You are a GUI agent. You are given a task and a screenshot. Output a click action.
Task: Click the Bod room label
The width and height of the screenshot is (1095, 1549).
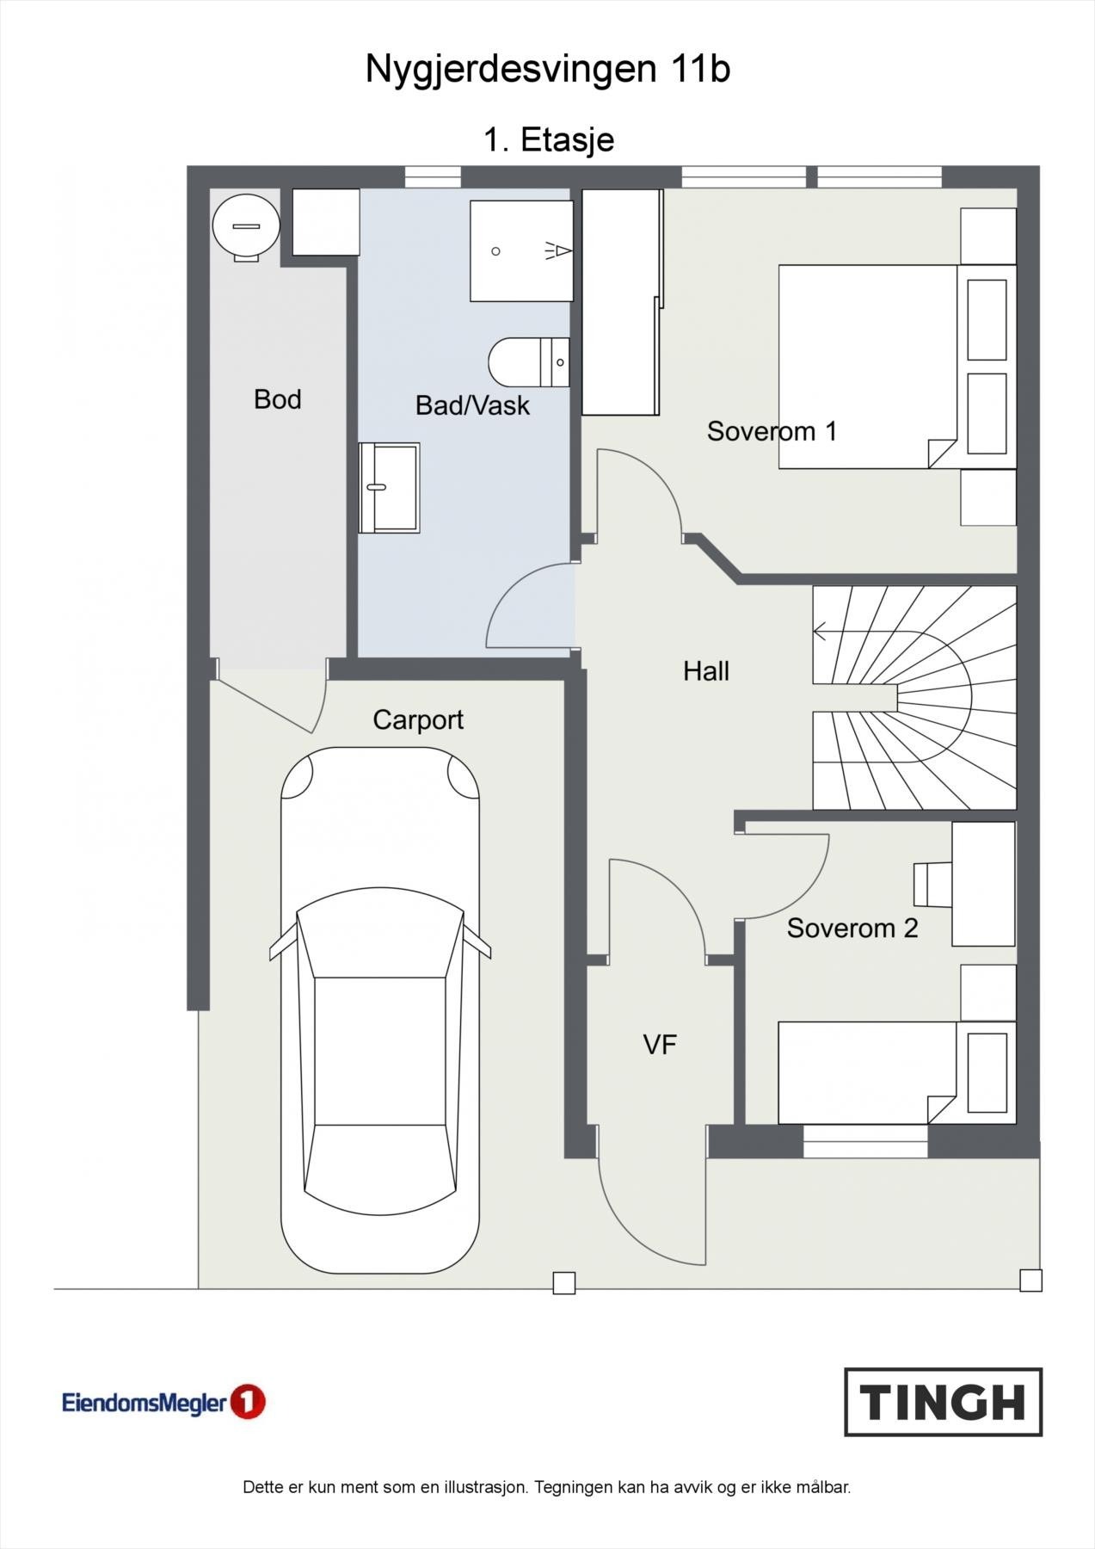coord(277,399)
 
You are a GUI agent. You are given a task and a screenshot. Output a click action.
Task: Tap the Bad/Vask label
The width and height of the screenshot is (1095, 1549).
coord(472,405)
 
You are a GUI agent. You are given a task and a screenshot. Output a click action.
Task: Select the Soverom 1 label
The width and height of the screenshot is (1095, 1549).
coord(772,430)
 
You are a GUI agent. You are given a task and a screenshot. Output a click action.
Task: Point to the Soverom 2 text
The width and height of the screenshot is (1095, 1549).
coord(852,928)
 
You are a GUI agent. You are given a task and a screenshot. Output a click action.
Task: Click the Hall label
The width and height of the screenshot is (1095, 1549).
coord(706,671)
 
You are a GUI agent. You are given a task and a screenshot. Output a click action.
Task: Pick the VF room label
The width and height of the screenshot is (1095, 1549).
coord(660,1045)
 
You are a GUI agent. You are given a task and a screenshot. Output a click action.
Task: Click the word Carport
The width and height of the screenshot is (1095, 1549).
coord(418,719)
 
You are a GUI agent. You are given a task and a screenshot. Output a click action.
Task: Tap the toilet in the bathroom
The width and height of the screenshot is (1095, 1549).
coord(529,362)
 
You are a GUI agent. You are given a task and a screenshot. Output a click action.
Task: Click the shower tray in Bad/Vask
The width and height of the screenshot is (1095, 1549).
coord(521,251)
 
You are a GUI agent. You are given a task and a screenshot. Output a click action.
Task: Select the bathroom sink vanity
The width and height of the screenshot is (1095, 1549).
coord(389,488)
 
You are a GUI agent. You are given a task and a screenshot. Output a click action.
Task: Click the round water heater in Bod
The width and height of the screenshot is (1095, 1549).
coord(246,225)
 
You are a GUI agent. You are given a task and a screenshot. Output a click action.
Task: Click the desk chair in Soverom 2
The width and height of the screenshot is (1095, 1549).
coord(932,885)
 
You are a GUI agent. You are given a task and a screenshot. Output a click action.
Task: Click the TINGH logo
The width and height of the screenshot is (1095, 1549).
coord(943,1402)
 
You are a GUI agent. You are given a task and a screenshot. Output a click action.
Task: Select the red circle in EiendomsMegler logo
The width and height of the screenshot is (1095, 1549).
coord(248,1402)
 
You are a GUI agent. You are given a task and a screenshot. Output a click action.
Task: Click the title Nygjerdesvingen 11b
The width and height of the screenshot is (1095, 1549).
coord(548,69)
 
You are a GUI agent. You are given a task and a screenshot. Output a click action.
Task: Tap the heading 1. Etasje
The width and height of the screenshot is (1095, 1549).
coord(549,139)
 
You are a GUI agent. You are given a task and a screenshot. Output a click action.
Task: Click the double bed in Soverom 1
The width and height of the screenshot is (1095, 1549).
coord(897,367)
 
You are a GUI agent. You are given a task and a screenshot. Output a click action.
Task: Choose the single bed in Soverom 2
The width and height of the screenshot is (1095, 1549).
coord(897,1073)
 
